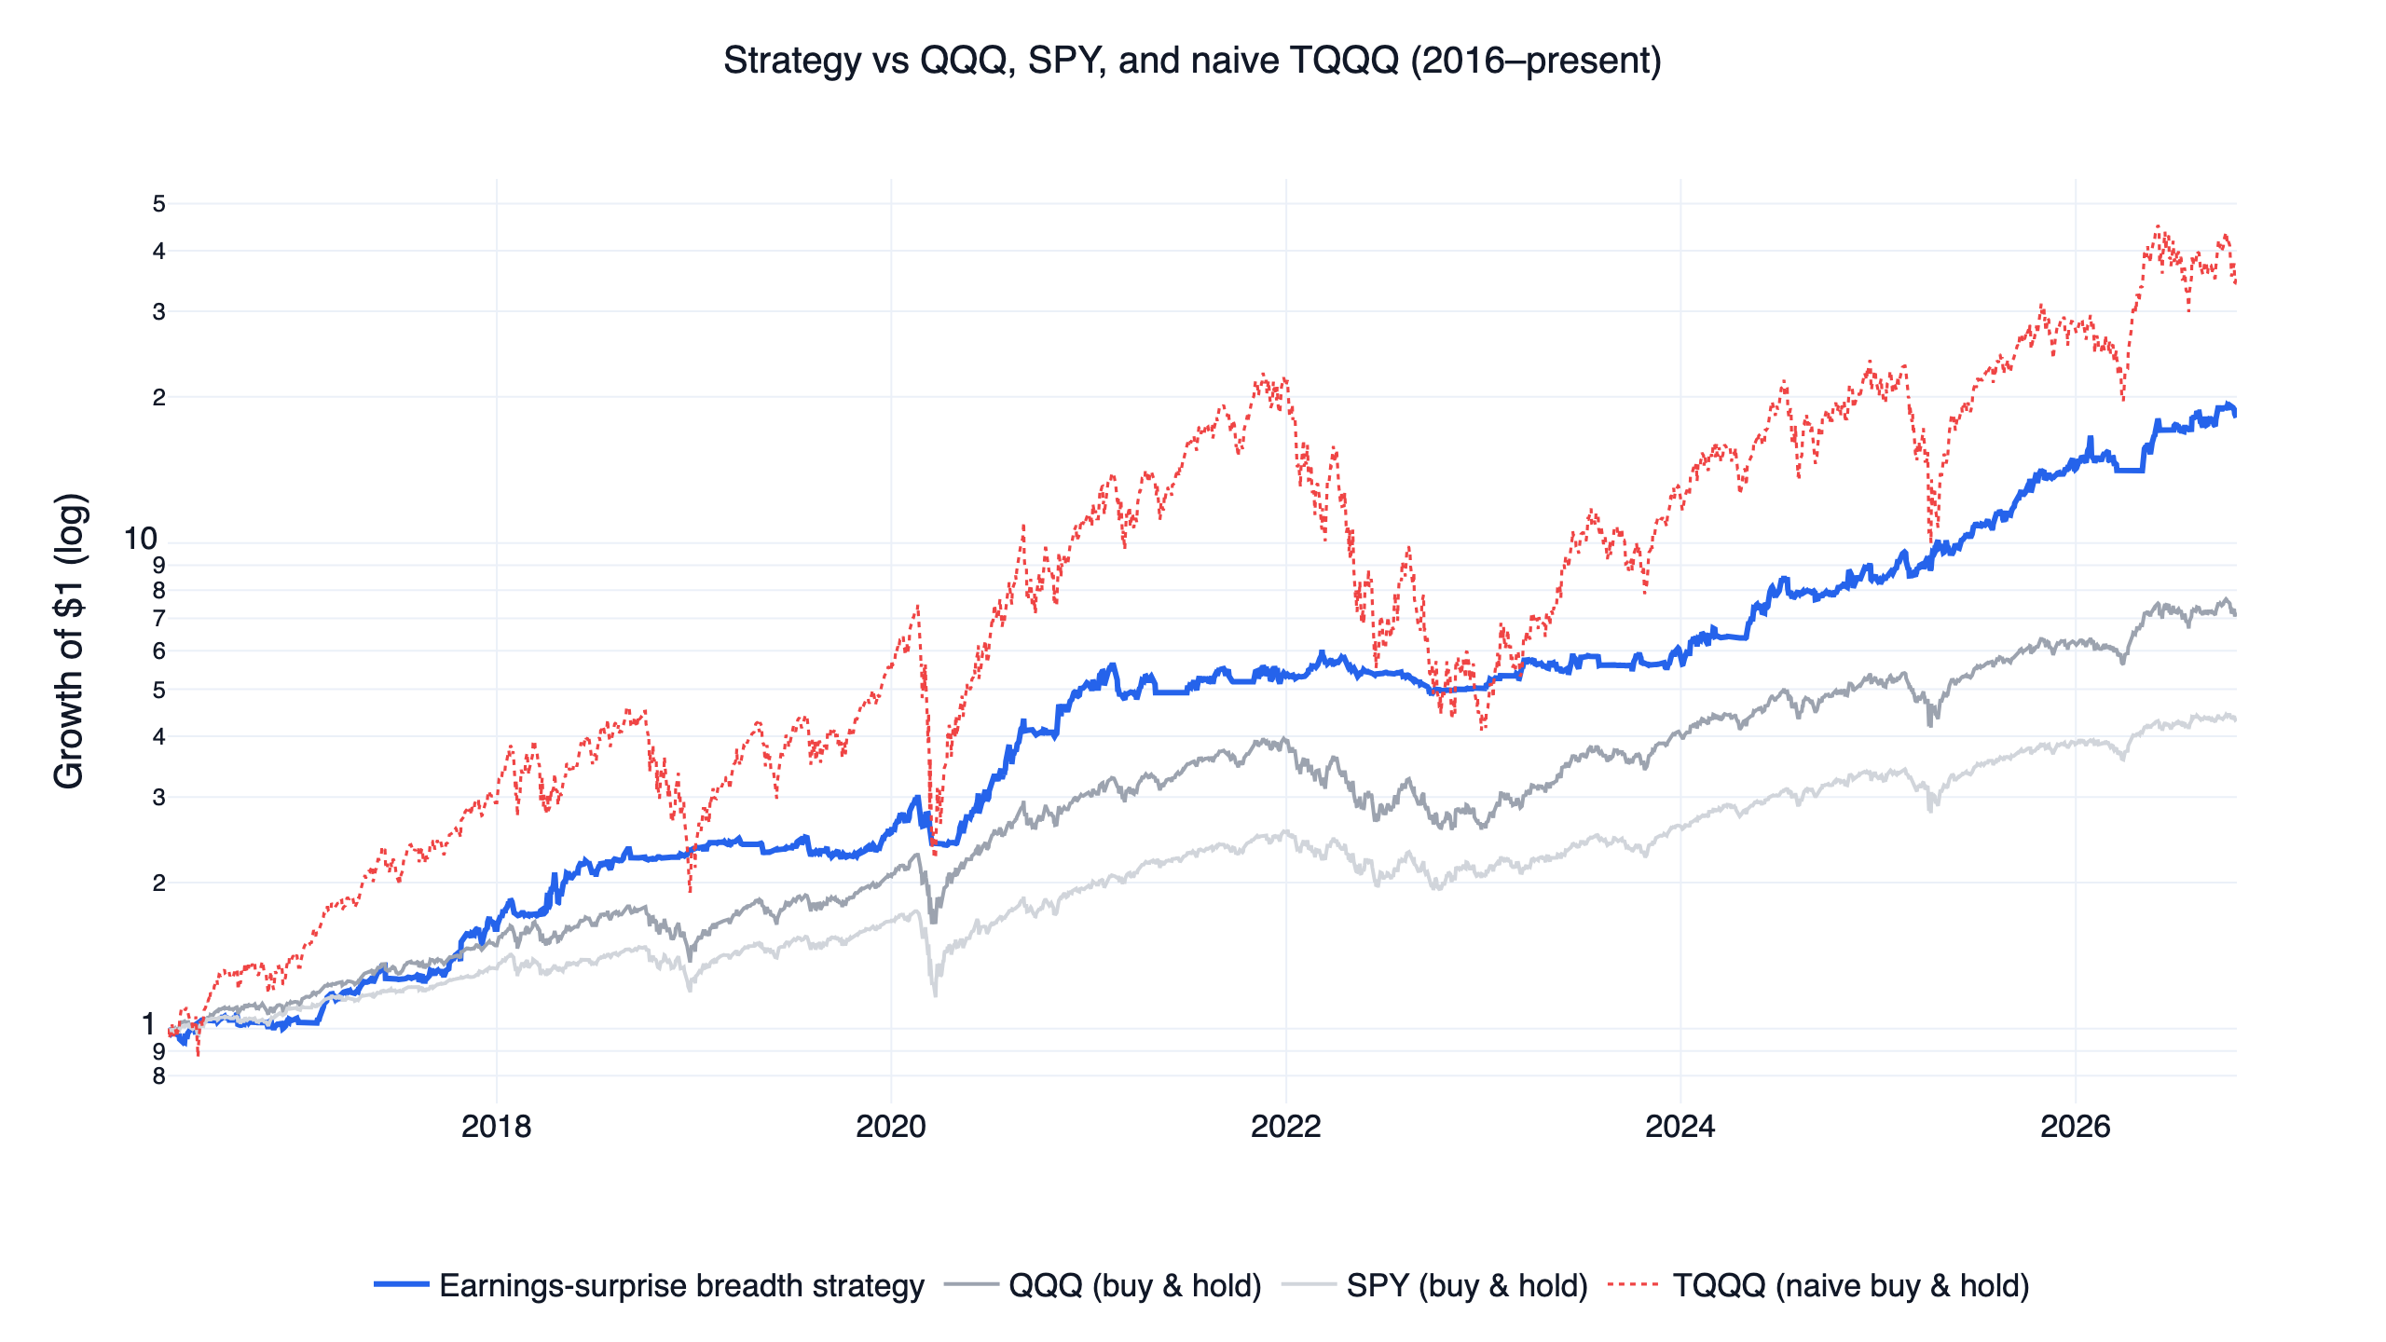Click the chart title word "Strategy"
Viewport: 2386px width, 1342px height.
click(x=792, y=62)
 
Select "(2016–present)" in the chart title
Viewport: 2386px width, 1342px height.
click(x=1536, y=62)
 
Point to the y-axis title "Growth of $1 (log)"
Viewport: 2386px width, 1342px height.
click(x=69, y=641)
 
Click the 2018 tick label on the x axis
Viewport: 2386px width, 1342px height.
click(x=496, y=1127)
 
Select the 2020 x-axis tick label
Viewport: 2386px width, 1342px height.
click(x=891, y=1127)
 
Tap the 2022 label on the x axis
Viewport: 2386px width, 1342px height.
click(x=1286, y=1127)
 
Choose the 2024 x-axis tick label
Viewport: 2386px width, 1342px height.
click(x=1680, y=1127)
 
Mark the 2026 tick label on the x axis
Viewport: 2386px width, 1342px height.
click(x=2076, y=1127)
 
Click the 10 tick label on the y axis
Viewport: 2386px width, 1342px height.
click(x=141, y=539)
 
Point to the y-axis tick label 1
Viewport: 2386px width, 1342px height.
click(x=148, y=1024)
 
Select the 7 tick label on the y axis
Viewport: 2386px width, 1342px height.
click(x=159, y=618)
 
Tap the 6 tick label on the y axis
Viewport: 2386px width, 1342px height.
click(x=159, y=650)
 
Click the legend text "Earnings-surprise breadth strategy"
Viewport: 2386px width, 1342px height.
click(x=681, y=1286)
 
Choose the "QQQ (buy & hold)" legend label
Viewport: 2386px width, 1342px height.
click(x=1134, y=1286)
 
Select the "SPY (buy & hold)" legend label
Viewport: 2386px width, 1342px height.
click(x=1467, y=1286)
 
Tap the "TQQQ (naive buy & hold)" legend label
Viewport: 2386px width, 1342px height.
click(x=1851, y=1286)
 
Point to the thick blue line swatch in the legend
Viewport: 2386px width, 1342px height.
click(x=401, y=1284)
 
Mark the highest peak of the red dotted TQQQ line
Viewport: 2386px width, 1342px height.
click(x=2158, y=226)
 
